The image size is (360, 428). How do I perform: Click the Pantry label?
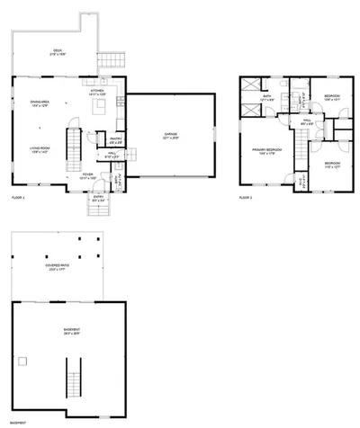(x=114, y=140)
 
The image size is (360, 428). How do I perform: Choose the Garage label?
(x=170, y=136)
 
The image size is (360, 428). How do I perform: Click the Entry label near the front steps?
(x=98, y=199)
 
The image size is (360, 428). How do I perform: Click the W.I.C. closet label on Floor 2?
(x=301, y=181)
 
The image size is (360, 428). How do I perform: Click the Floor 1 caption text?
(x=18, y=197)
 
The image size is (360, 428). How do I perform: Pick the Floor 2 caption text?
(x=246, y=197)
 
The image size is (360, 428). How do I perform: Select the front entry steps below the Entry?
(x=98, y=211)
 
